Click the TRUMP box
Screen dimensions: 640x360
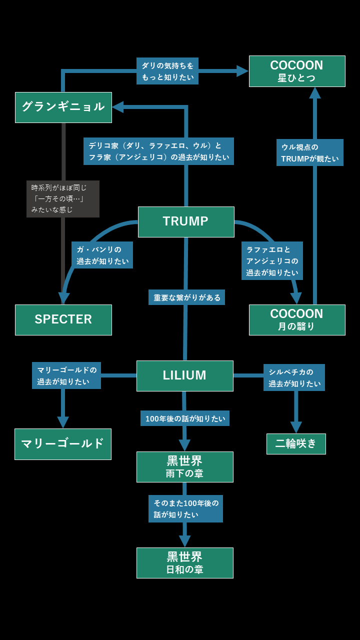coord(186,221)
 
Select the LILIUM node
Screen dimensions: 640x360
coord(184,375)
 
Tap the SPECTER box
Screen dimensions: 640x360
coord(63,319)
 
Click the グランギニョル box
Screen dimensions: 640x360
coord(63,107)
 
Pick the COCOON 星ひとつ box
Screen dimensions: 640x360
coord(297,71)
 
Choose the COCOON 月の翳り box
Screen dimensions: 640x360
coord(297,319)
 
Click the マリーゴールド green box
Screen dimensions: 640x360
coord(63,444)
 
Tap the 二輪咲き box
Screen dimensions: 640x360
coord(296,444)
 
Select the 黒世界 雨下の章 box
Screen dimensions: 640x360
coord(184,466)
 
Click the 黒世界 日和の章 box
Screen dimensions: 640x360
coord(184,562)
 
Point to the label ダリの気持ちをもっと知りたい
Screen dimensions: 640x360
coord(167,71)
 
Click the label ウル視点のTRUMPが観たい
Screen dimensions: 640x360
coord(310,152)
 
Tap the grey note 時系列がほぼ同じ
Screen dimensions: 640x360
coord(63,199)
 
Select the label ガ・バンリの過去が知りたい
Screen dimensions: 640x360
coord(102,255)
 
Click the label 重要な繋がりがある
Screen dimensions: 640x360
coord(186,297)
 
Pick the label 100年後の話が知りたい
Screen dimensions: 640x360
coord(185,418)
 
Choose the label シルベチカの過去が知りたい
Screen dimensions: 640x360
coord(294,377)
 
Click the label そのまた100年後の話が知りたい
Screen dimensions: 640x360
coord(185,508)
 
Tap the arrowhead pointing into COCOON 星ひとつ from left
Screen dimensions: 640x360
coord(242,71)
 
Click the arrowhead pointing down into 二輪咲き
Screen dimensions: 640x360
coord(296,427)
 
